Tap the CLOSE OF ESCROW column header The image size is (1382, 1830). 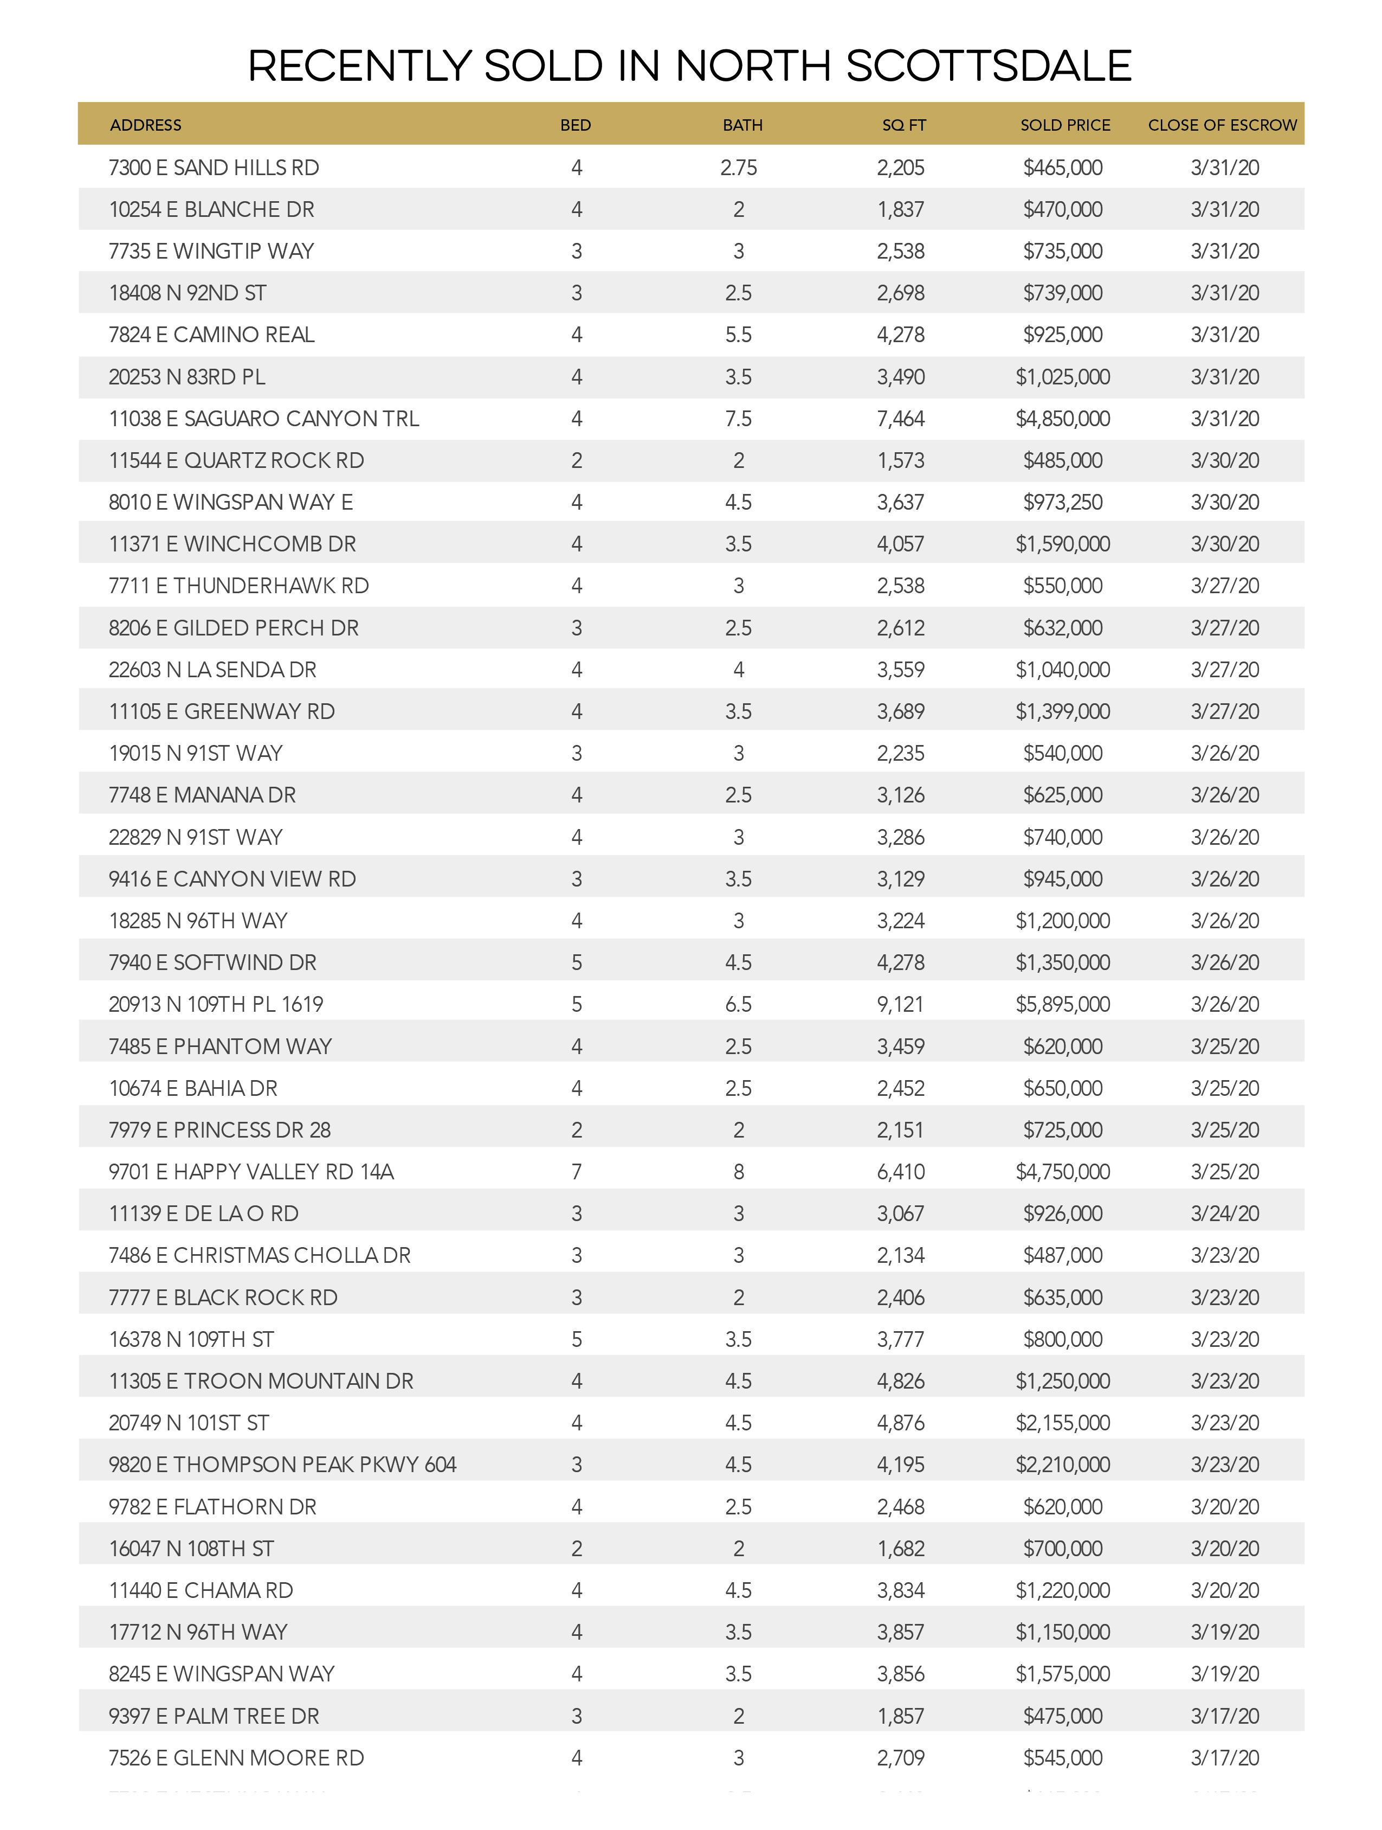tap(1222, 125)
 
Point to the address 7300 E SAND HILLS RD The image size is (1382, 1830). tap(214, 168)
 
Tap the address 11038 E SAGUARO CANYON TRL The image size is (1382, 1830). tap(264, 419)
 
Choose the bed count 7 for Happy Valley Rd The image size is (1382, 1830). tap(577, 1171)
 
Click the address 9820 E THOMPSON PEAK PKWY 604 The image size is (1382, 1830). tap(282, 1465)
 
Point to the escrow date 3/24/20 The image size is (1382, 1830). tap(1224, 1213)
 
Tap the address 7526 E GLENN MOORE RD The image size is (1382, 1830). tap(236, 1757)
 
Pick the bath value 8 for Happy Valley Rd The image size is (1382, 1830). tap(739, 1171)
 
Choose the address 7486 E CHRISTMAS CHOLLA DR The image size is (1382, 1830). tap(259, 1255)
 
